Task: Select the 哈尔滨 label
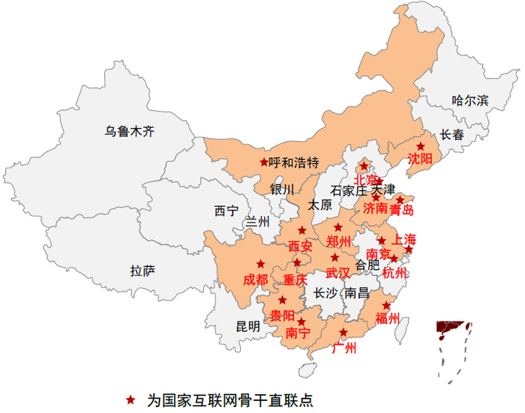(x=470, y=100)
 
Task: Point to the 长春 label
(x=452, y=136)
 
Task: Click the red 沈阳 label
(x=420, y=159)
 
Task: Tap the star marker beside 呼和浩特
(x=263, y=162)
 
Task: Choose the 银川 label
(x=283, y=189)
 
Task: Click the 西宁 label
(x=226, y=211)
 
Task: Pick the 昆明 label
(x=248, y=326)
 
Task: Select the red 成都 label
(x=255, y=280)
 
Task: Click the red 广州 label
(x=343, y=348)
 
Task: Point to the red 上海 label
(x=403, y=241)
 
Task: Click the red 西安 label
(x=300, y=246)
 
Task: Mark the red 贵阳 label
(x=283, y=315)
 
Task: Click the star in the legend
(x=131, y=398)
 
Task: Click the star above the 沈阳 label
(x=420, y=147)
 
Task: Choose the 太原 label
(x=320, y=205)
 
